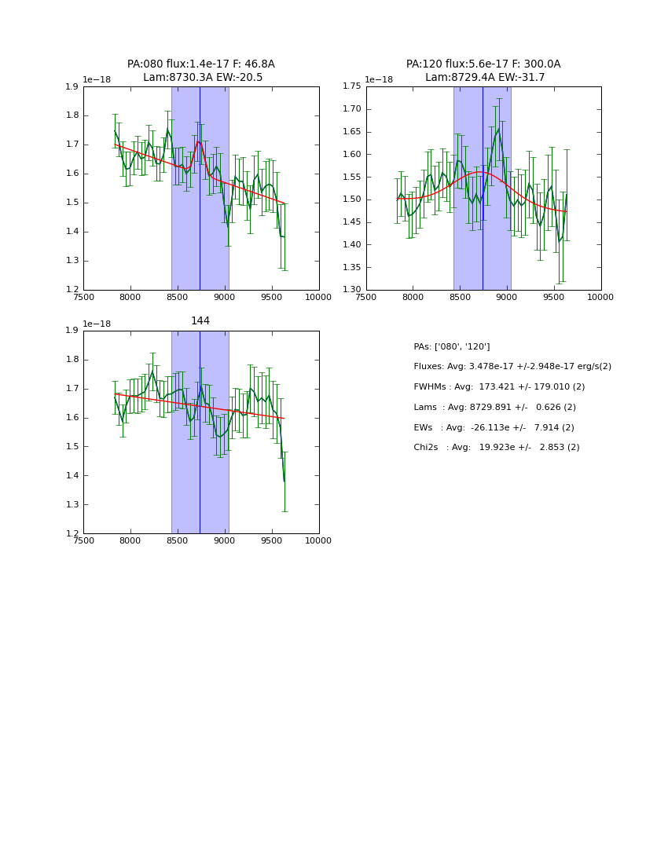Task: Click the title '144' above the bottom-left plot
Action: [x=200, y=321]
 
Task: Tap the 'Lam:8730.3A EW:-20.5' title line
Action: [x=203, y=78]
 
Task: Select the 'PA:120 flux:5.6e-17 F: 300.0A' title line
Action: [x=483, y=64]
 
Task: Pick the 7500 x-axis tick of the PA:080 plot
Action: [x=83, y=297]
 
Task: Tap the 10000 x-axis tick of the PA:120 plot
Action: [x=600, y=297]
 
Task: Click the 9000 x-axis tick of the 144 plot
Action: [x=225, y=540]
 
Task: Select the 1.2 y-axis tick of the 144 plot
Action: [x=72, y=533]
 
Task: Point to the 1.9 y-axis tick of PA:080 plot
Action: [x=72, y=87]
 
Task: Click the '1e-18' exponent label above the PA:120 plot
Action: [x=379, y=80]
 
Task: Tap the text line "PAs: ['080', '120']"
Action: [x=452, y=347]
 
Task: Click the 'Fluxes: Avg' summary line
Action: [x=512, y=367]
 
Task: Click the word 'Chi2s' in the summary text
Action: [x=427, y=448]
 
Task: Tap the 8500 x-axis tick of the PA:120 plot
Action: [x=460, y=297]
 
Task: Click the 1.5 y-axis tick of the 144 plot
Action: [x=72, y=446]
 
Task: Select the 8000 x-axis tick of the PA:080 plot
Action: [x=130, y=297]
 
